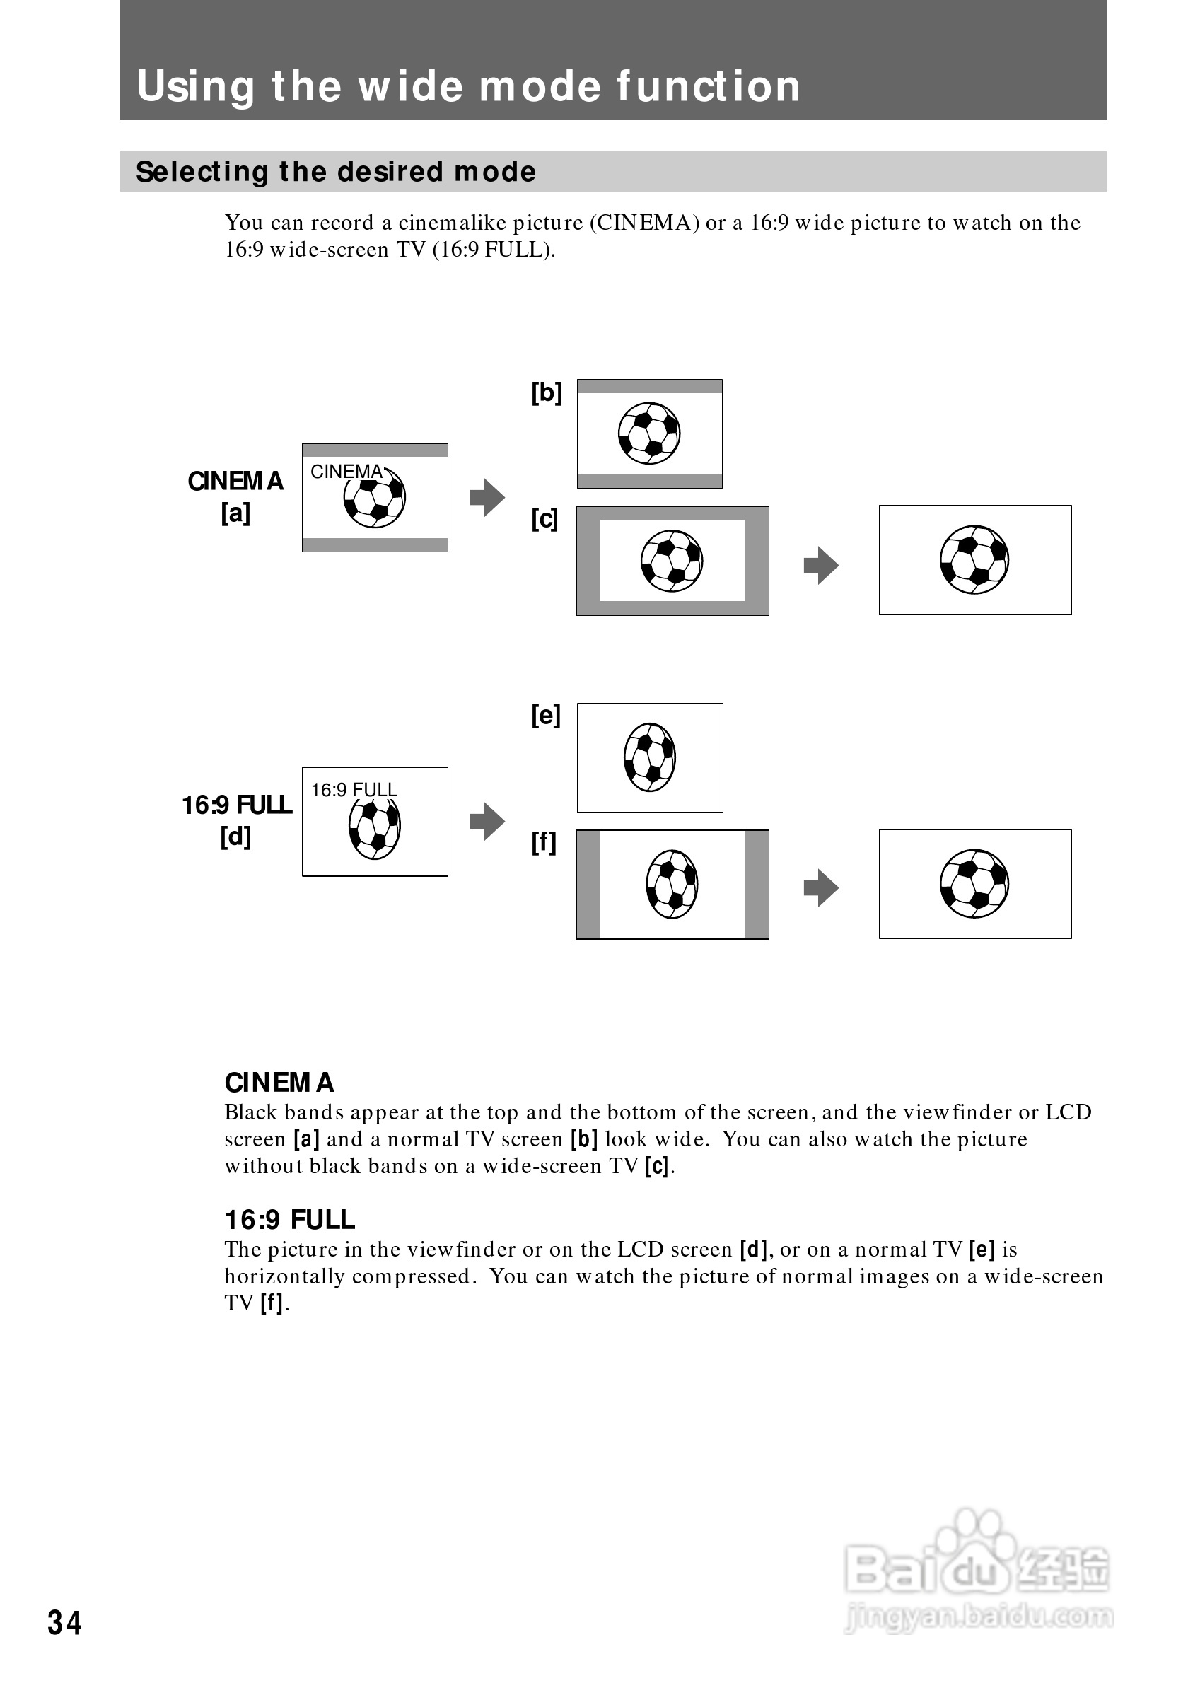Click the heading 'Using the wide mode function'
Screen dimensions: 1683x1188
coord(468,86)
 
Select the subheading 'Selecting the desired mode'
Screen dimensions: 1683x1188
coord(336,172)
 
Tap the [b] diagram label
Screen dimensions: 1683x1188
coord(547,393)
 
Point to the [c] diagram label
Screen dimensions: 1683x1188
coord(544,520)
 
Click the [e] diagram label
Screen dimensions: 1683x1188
coord(546,716)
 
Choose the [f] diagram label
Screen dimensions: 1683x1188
coord(544,842)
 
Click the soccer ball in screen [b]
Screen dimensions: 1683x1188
coord(648,433)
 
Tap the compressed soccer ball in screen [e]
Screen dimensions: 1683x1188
coord(649,757)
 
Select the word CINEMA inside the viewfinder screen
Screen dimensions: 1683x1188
coord(346,472)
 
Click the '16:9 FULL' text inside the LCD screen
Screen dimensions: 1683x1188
coord(354,789)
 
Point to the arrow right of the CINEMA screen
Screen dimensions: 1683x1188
coord(487,498)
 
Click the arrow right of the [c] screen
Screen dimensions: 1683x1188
coord(821,565)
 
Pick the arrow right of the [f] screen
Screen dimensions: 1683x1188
coord(821,888)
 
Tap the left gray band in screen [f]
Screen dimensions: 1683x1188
coord(588,884)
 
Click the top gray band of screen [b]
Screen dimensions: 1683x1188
coord(649,386)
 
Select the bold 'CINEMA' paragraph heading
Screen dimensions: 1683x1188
coord(279,1083)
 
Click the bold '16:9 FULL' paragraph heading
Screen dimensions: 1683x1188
coord(289,1220)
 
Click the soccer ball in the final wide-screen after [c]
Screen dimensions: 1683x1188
coord(974,559)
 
